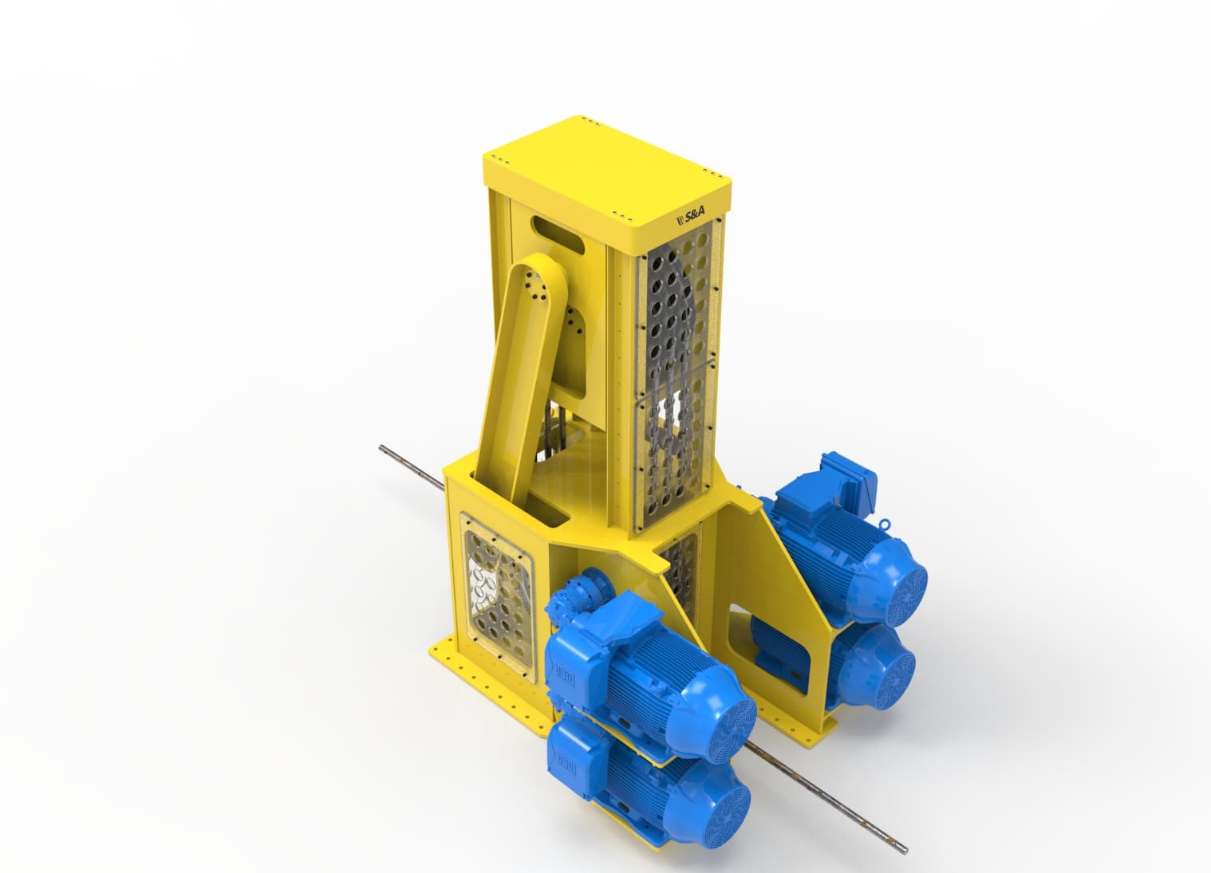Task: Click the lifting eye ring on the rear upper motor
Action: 886,524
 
